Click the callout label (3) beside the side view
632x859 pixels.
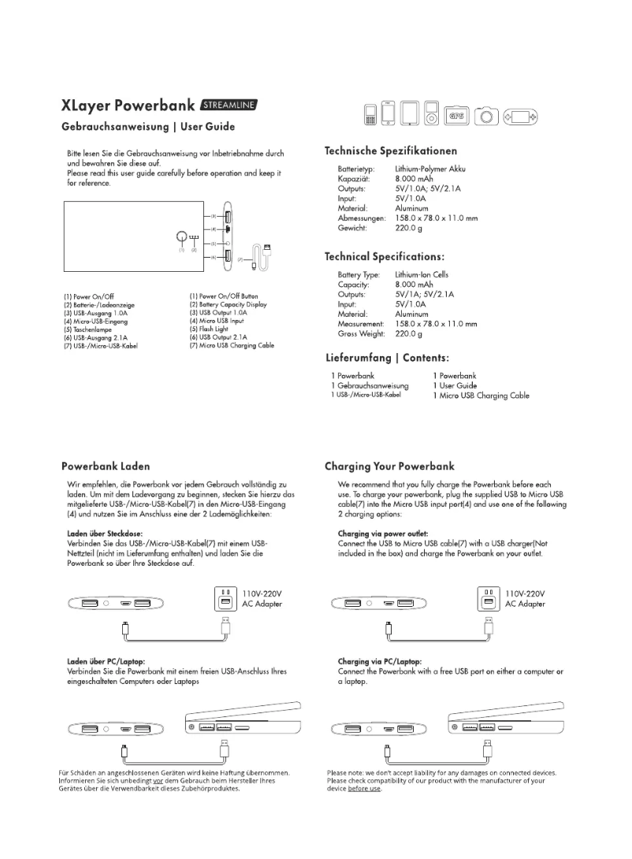[x=211, y=215]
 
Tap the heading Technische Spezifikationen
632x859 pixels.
[x=391, y=151]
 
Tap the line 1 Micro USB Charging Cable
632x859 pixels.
[x=481, y=396]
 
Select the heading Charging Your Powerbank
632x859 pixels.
[x=389, y=467]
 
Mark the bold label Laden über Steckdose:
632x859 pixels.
[x=99, y=534]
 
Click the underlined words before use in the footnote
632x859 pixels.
[x=364, y=789]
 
